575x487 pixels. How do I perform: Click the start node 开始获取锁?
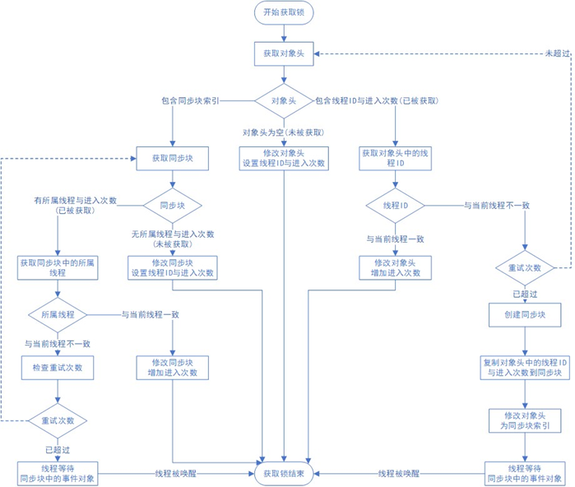pyautogui.click(x=284, y=12)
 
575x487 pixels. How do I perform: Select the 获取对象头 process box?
pyautogui.click(x=284, y=53)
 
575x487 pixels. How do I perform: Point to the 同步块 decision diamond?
pyautogui.click(x=172, y=205)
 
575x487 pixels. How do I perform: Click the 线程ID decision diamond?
pyautogui.click(x=396, y=205)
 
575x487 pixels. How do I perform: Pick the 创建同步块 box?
pyautogui.click(x=526, y=314)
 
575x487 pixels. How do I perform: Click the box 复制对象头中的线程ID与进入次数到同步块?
pyautogui.click(x=526, y=367)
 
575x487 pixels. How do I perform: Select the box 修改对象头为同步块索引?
pyautogui.click(x=526, y=421)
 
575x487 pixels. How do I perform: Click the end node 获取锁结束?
pyautogui.click(x=284, y=474)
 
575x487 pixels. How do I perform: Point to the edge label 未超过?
pyautogui.click(x=556, y=53)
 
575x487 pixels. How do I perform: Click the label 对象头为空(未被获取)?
pyautogui.click(x=283, y=132)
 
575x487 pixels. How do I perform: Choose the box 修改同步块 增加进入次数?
pyautogui.click(x=172, y=367)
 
